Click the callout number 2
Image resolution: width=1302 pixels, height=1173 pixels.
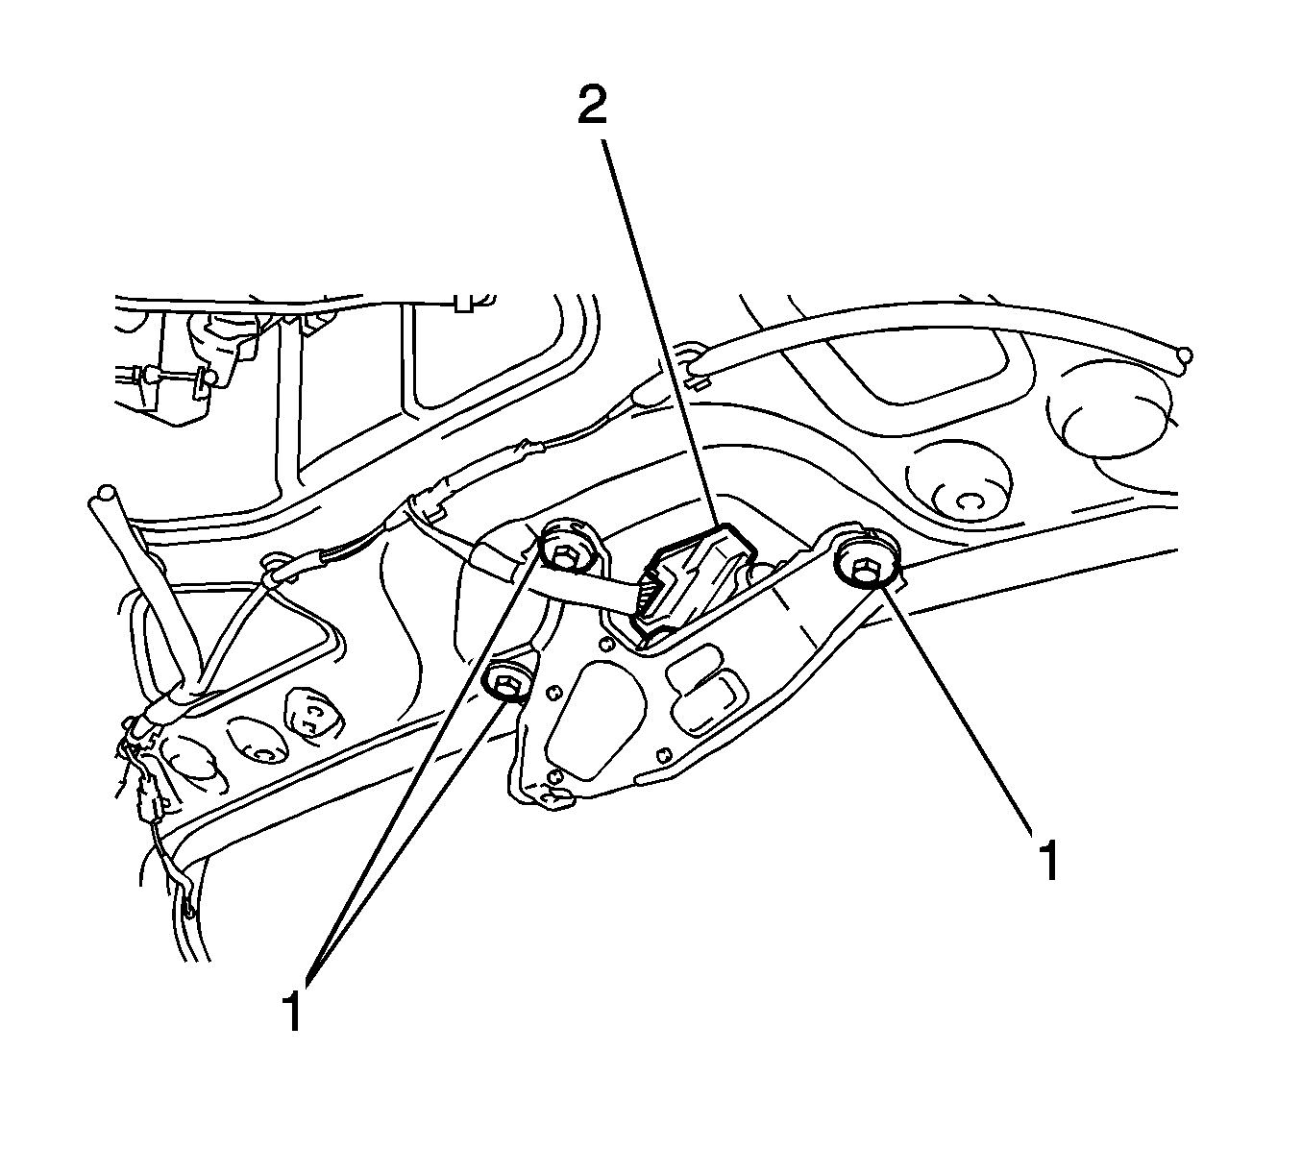click(x=592, y=107)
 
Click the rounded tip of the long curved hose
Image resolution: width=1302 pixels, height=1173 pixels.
click(x=1184, y=356)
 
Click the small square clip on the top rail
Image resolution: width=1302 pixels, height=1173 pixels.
click(x=461, y=304)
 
